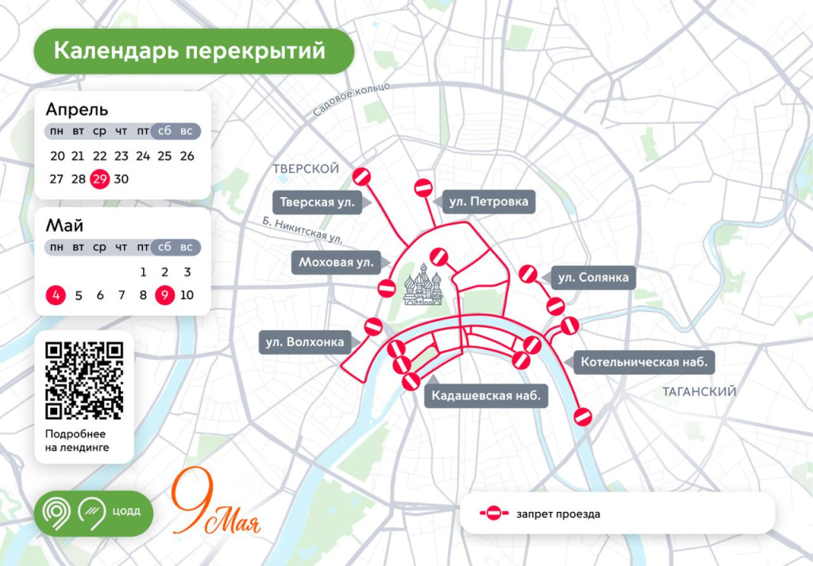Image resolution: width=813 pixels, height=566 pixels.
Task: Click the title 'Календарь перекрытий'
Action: [x=190, y=51]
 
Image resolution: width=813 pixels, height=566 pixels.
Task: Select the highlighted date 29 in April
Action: [x=99, y=179]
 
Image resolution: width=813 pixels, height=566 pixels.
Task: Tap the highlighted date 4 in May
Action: [x=56, y=295]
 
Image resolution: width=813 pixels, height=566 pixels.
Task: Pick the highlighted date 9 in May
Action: [x=165, y=295]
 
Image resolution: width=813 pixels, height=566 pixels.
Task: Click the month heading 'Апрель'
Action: [x=77, y=110]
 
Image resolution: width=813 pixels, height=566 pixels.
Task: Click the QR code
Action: [x=84, y=379]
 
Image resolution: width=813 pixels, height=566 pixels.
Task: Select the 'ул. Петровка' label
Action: [x=487, y=202]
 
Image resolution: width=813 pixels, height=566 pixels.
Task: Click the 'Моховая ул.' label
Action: [x=337, y=262]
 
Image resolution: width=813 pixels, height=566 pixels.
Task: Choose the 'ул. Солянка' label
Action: [x=592, y=277]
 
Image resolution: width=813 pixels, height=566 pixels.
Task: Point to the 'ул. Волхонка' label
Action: [x=305, y=343]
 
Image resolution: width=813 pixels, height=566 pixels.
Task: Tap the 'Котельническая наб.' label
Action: [x=644, y=363]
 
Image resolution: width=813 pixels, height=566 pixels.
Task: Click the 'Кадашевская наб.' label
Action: [x=487, y=395]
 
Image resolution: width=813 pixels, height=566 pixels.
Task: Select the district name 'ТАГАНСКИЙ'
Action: [x=699, y=391]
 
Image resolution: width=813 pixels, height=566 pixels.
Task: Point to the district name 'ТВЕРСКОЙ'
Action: [x=306, y=169]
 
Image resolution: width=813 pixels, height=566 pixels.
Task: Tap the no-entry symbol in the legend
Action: [x=494, y=514]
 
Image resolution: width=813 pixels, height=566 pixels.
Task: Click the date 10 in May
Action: [x=187, y=295]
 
